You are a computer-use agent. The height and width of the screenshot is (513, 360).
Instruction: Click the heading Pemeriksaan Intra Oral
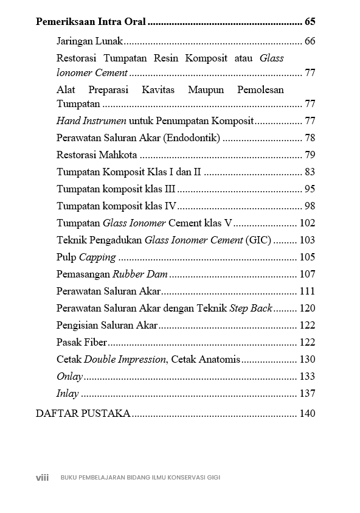91,23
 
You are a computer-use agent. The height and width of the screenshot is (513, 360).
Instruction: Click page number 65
310,23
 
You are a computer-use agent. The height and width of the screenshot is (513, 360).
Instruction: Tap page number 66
310,41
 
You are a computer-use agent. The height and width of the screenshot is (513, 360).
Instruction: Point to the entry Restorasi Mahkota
97,155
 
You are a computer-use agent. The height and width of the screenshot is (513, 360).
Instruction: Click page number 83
310,172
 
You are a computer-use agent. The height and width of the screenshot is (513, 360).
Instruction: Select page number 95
310,189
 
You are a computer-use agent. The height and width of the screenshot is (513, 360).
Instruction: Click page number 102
308,223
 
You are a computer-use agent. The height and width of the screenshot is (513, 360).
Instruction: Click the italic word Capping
97,257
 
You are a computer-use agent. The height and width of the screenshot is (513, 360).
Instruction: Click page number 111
308,291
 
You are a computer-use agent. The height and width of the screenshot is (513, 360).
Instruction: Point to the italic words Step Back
251,308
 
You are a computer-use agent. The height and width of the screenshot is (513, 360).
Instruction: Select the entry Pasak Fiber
81,342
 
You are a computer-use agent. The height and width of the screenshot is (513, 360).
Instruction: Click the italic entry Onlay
69,376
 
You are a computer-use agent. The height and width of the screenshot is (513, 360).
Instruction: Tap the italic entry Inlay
67,393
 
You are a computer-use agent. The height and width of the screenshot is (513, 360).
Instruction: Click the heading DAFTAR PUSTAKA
83,414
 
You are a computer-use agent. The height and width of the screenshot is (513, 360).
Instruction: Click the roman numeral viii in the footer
42,478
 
